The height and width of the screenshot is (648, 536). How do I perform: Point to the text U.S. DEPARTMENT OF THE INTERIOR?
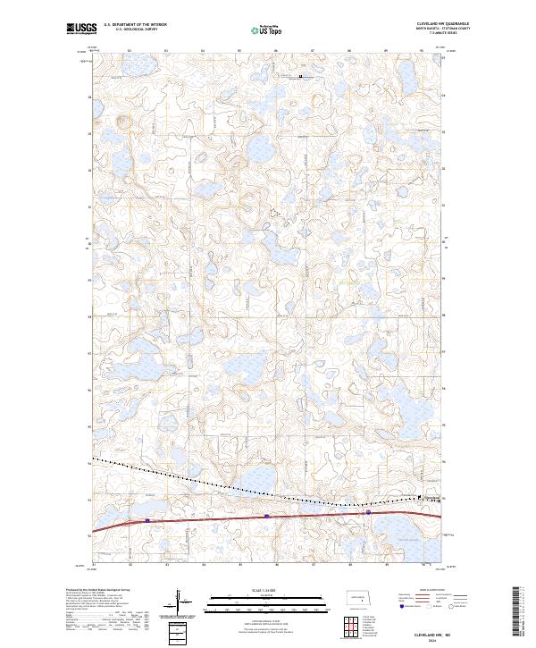135,24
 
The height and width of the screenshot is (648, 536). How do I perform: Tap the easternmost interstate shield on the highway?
367,513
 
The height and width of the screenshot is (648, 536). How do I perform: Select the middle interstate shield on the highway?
266,516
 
